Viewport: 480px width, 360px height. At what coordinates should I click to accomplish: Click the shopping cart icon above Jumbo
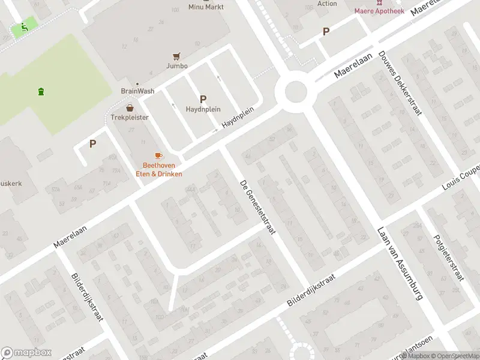(176, 56)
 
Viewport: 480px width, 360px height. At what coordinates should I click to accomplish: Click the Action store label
(327, 4)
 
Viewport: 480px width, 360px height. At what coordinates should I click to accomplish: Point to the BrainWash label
(137, 91)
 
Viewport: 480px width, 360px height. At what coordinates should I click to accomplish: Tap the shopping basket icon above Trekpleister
(130, 109)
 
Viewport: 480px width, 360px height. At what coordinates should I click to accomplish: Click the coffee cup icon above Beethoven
(158, 156)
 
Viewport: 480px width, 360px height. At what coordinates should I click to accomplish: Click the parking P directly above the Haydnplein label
(203, 99)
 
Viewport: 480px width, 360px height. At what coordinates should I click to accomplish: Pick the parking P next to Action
(326, 32)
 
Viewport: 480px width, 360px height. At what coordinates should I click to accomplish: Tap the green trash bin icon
(41, 92)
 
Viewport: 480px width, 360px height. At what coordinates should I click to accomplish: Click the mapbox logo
(26, 353)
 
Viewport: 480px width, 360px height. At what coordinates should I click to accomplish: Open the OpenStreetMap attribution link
(455, 356)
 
